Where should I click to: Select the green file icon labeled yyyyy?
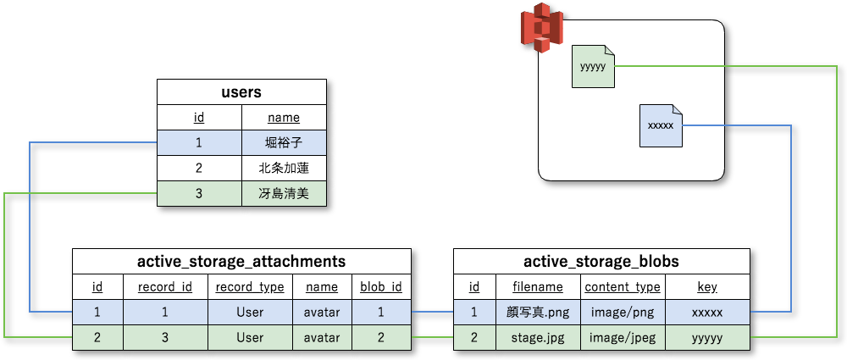pos(593,66)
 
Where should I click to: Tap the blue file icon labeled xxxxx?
pos(660,125)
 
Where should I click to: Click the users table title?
pos(241,92)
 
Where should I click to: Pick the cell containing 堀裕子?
pos(284,143)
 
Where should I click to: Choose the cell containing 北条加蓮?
pos(284,169)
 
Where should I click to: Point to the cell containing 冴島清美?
pos(284,194)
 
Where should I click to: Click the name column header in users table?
pos(284,118)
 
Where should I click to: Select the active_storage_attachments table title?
pos(241,261)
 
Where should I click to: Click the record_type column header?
pos(250,287)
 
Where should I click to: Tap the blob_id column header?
pos(381,287)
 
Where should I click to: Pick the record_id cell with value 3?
pos(165,338)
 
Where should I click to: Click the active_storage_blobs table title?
pos(601,261)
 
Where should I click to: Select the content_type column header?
pos(623,287)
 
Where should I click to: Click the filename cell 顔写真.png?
pos(538,313)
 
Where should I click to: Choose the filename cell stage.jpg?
pos(538,338)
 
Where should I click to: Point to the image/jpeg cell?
pos(623,338)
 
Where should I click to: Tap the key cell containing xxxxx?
pos(707,313)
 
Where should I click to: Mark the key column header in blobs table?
pos(707,287)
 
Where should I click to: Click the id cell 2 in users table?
pos(199,169)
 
